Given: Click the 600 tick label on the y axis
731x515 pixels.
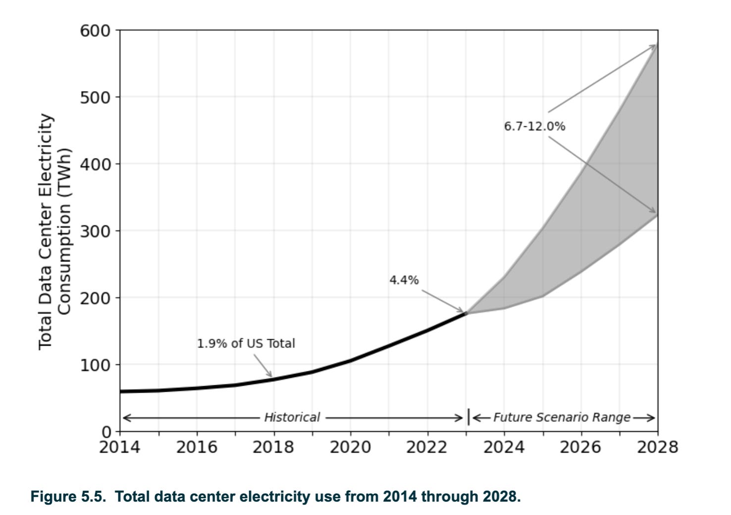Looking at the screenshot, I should pos(95,31).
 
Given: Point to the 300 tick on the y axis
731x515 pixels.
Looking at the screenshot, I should pos(95,231).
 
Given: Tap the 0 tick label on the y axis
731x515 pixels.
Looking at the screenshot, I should pos(107,431).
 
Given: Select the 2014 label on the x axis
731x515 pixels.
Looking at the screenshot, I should pos(119,448).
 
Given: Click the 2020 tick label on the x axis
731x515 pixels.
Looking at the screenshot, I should pos(350,448).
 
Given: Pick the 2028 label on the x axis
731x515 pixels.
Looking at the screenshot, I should pos(657,448).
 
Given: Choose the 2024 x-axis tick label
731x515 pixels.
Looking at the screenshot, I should pos(504,448).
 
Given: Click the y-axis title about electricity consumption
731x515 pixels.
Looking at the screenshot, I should pos(55,231).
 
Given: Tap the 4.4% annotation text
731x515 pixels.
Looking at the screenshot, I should pos(404,280).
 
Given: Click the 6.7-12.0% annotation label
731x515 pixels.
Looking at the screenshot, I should pos(534,126).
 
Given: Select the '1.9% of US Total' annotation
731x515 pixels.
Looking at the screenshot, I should pos(246,344).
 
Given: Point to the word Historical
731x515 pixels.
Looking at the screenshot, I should pos(292,417).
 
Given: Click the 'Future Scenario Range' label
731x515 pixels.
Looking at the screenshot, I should pos(562,417).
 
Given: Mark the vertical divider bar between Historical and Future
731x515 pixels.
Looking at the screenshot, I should pos(468,417).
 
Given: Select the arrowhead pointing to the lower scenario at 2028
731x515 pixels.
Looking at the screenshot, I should pos(654,212).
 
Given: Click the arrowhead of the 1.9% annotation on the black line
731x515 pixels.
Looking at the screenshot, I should pos(271,376).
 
